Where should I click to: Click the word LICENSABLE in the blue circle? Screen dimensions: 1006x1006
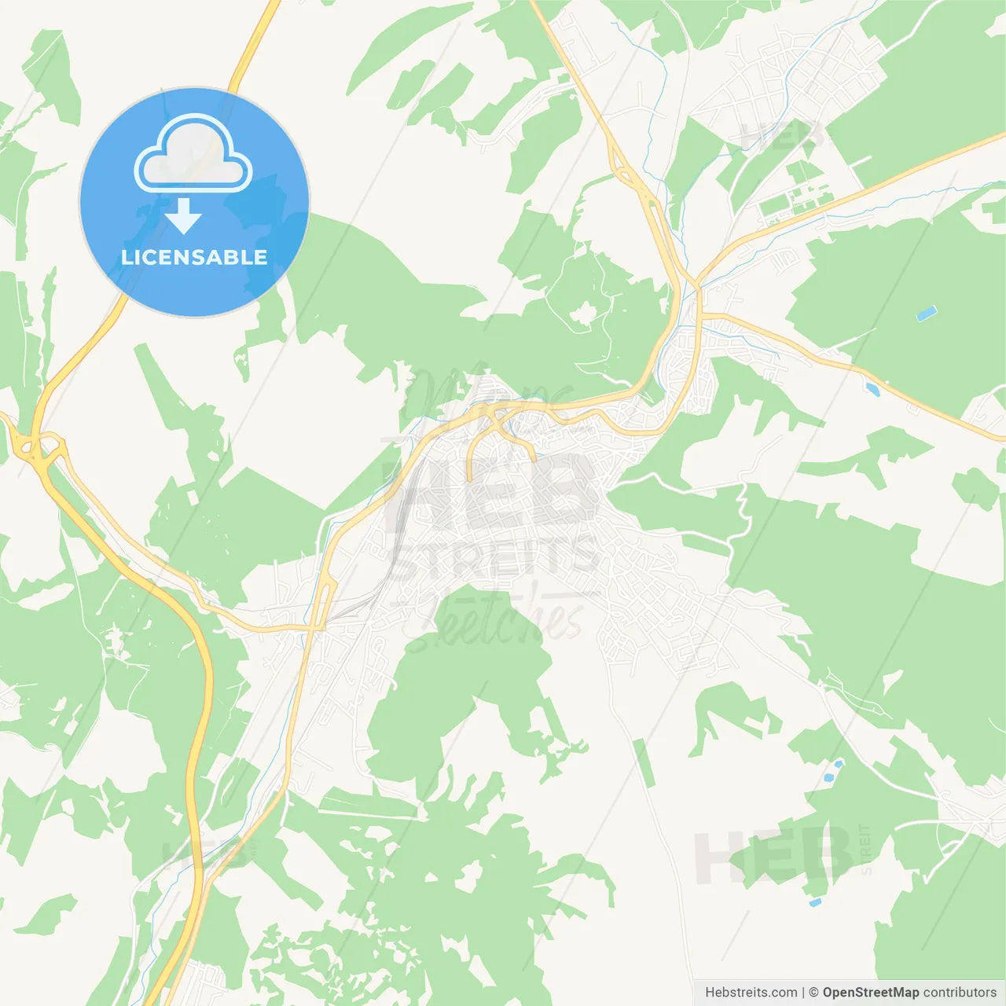[x=194, y=257]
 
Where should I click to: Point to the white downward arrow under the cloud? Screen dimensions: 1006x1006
[x=184, y=215]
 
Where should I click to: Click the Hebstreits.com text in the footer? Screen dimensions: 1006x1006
[x=751, y=993]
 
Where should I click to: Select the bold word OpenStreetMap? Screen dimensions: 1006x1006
[x=870, y=993]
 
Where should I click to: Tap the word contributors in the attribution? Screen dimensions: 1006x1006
[x=959, y=993]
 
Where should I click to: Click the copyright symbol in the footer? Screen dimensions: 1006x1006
[x=813, y=993]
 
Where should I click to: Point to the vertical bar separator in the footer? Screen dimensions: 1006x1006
[x=803, y=993]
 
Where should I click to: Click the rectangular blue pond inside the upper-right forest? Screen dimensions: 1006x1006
[x=927, y=314]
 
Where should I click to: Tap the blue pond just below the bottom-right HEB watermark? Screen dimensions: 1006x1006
[x=815, y=902]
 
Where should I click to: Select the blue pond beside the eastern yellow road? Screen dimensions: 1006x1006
[x=872, y=388]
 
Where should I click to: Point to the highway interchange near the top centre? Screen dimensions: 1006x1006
[x=629, y=173]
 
